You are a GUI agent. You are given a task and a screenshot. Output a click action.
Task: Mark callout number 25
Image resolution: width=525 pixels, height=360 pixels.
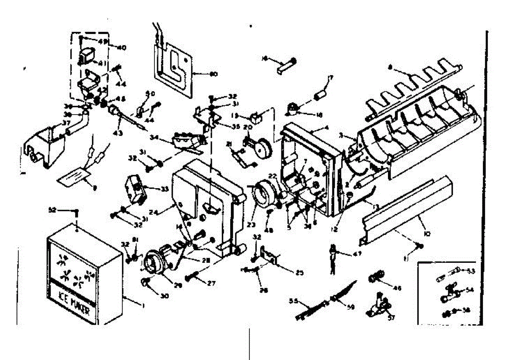click(299, 273)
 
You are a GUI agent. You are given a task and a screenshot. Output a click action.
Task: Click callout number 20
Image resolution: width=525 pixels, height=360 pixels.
click(248, 127)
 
